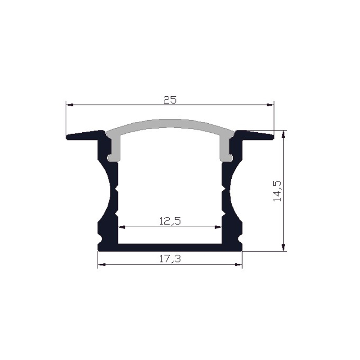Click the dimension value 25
pyautogui.click(x=170, y=100)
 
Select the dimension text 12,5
pyautogui.click(x=170, y=221)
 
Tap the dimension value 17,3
pyautogui.click(x=170, y=259)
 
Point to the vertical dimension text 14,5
pyautogui.click(x=277, y=190)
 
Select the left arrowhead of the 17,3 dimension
pyautogui.click(x=101, y=265)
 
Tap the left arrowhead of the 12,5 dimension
pyautogui.click(x=121, y=227)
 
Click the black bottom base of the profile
pyautogui.click(x=170, y=247)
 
